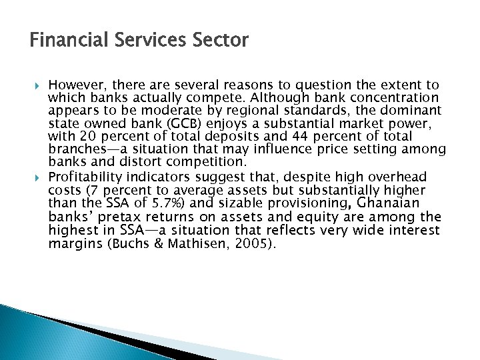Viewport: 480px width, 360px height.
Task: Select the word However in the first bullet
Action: click(x=75, y=85)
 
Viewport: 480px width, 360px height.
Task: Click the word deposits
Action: click(x=250, y=136)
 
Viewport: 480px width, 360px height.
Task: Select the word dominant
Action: click(x=411, y=110)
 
